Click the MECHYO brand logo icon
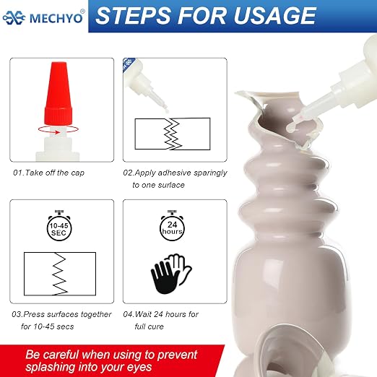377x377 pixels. [x=14, y=17]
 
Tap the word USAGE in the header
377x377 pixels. [x=274, y=16]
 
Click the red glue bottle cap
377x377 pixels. [x=58, y=94]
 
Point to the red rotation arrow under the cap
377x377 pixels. [x=58, y=129]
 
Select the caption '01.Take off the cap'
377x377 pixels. [x=48, y=173]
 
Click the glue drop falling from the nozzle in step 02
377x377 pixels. [x=167, y=110]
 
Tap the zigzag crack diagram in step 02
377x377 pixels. [x=173, y=134]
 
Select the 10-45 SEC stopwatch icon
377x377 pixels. [x=59, y=225]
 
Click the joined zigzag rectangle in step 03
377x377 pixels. [x=60, y=274]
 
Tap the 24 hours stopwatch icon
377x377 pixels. [x=172, y=225]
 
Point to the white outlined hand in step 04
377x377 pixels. [x=181, y=267]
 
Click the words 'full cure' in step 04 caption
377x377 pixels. [x=149, y=326]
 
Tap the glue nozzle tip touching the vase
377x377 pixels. [x=291, y=127]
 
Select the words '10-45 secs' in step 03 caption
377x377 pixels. [x=53, y=326]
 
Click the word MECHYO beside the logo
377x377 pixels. [x=56, y=18]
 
